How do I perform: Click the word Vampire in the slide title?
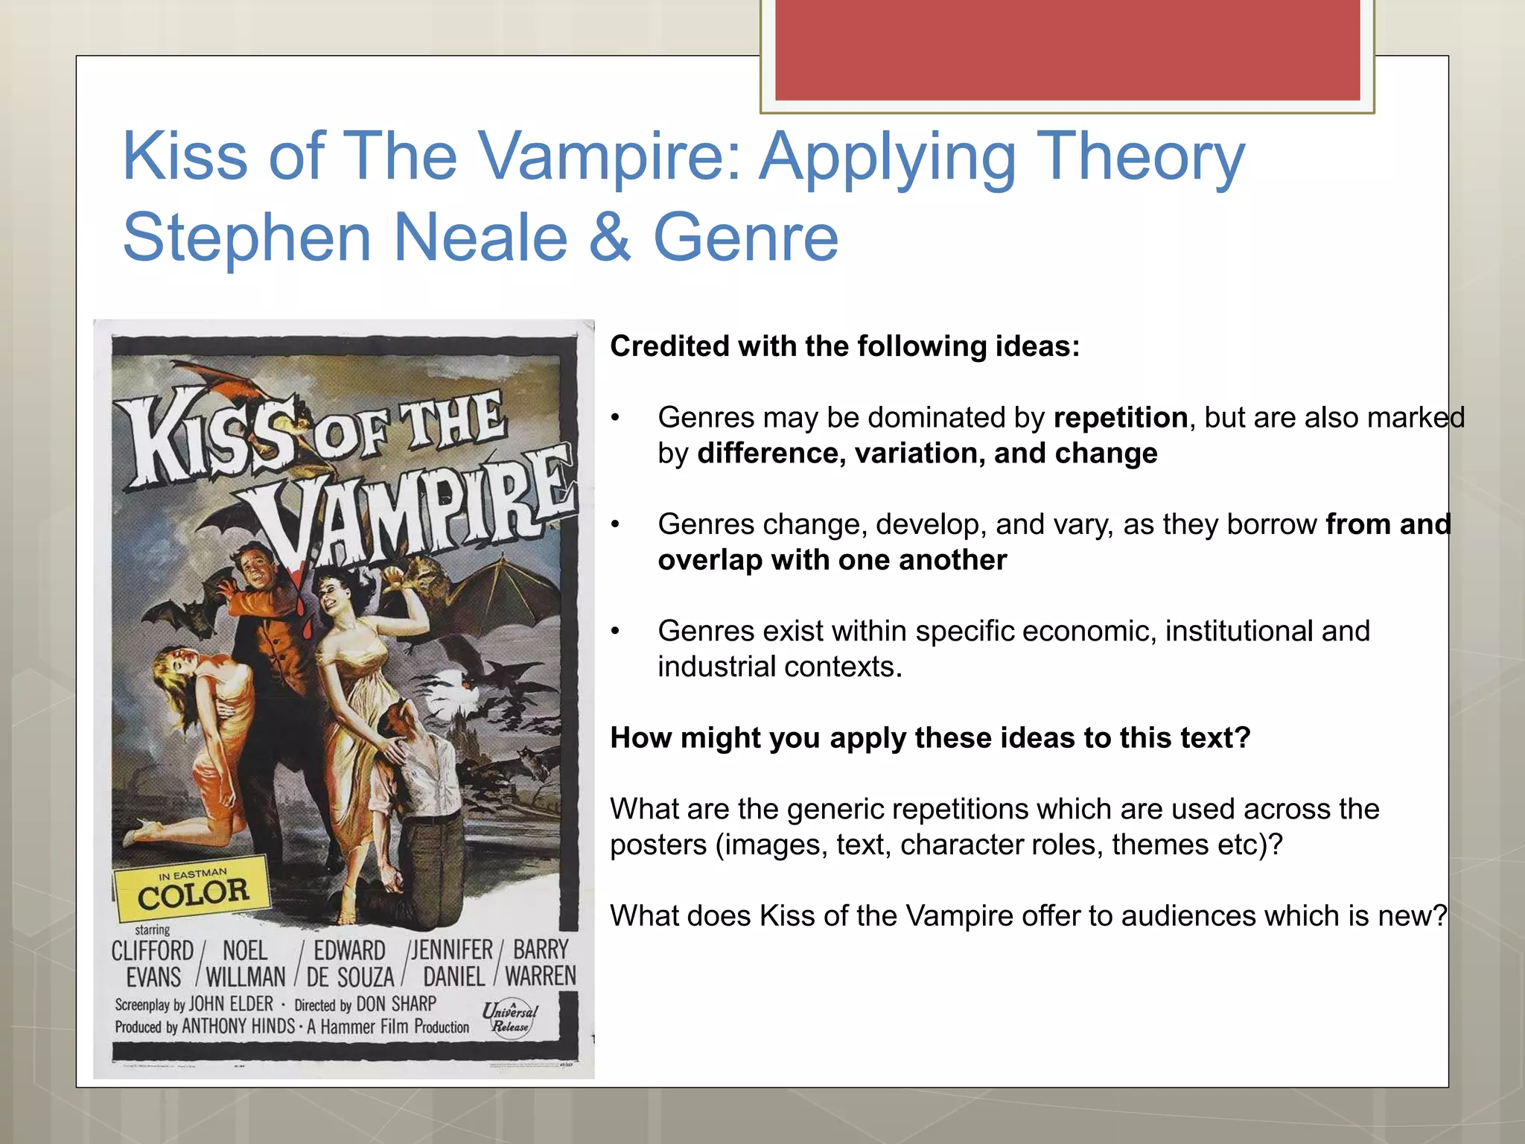(x=610, y=156)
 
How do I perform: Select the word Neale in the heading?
(x=480, y=238)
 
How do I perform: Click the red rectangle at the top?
(x=1067, y=50)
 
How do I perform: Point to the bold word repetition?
(x=1120, y=418)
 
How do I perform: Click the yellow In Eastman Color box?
(x=192, y=889)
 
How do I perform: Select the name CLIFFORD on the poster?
(x=152, y=951)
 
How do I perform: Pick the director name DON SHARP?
(x=395, y=1004)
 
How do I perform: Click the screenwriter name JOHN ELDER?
(x=231, y=1004)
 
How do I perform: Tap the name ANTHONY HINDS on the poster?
(x=238, y=1026)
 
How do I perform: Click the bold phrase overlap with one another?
(x=832, y=560)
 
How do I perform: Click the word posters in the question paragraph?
(x=658, y=845)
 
